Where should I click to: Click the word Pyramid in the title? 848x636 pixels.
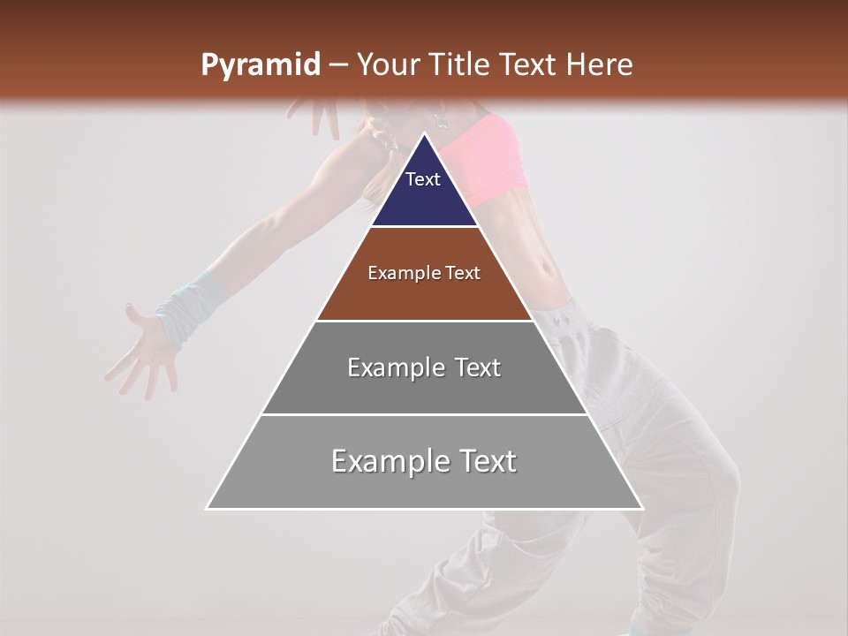pos(260,65)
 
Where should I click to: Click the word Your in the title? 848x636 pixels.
pos(388,65)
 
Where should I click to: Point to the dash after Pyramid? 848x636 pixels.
pos(338,65)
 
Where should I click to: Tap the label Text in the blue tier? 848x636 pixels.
pos(423,179)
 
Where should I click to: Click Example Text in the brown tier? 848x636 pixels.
pos(424,273)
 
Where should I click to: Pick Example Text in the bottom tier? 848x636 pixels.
pos(424,461)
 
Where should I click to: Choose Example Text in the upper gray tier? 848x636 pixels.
pos(424,367)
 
